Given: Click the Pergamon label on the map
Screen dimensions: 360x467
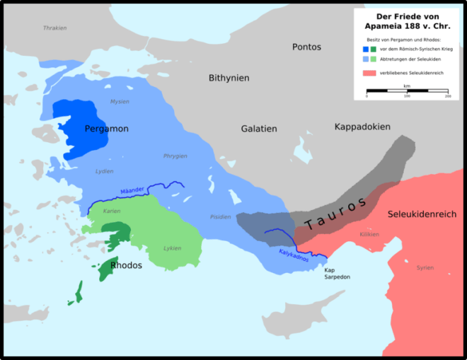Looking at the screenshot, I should (x=106, y=129).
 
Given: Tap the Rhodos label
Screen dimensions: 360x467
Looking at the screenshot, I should (x=127, y=265).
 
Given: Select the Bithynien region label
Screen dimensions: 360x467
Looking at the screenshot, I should (x=229, y=77).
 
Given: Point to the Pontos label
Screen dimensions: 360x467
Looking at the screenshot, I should (x=306, y=47).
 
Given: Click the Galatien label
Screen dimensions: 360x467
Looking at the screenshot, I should (x=258, y=129).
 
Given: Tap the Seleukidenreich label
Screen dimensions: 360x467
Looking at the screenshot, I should (x=422, y=214).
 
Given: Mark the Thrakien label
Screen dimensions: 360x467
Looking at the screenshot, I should (x=54, y=28).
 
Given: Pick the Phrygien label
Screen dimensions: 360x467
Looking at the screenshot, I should (x=175, y=156).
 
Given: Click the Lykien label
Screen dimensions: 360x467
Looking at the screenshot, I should (x=171, y=248).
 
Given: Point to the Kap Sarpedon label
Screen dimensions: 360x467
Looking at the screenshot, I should (x=337, y=274).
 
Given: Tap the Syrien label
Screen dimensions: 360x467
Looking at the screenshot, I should (x=425, y=268).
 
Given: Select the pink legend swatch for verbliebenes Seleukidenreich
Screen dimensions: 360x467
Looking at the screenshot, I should (x=369, y=73).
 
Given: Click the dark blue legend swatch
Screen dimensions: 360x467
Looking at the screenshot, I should (x=365, y=49).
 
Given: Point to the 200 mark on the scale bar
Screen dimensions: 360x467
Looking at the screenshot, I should (x=447, y=96).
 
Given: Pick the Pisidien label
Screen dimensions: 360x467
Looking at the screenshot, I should (x=220, y=216).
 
